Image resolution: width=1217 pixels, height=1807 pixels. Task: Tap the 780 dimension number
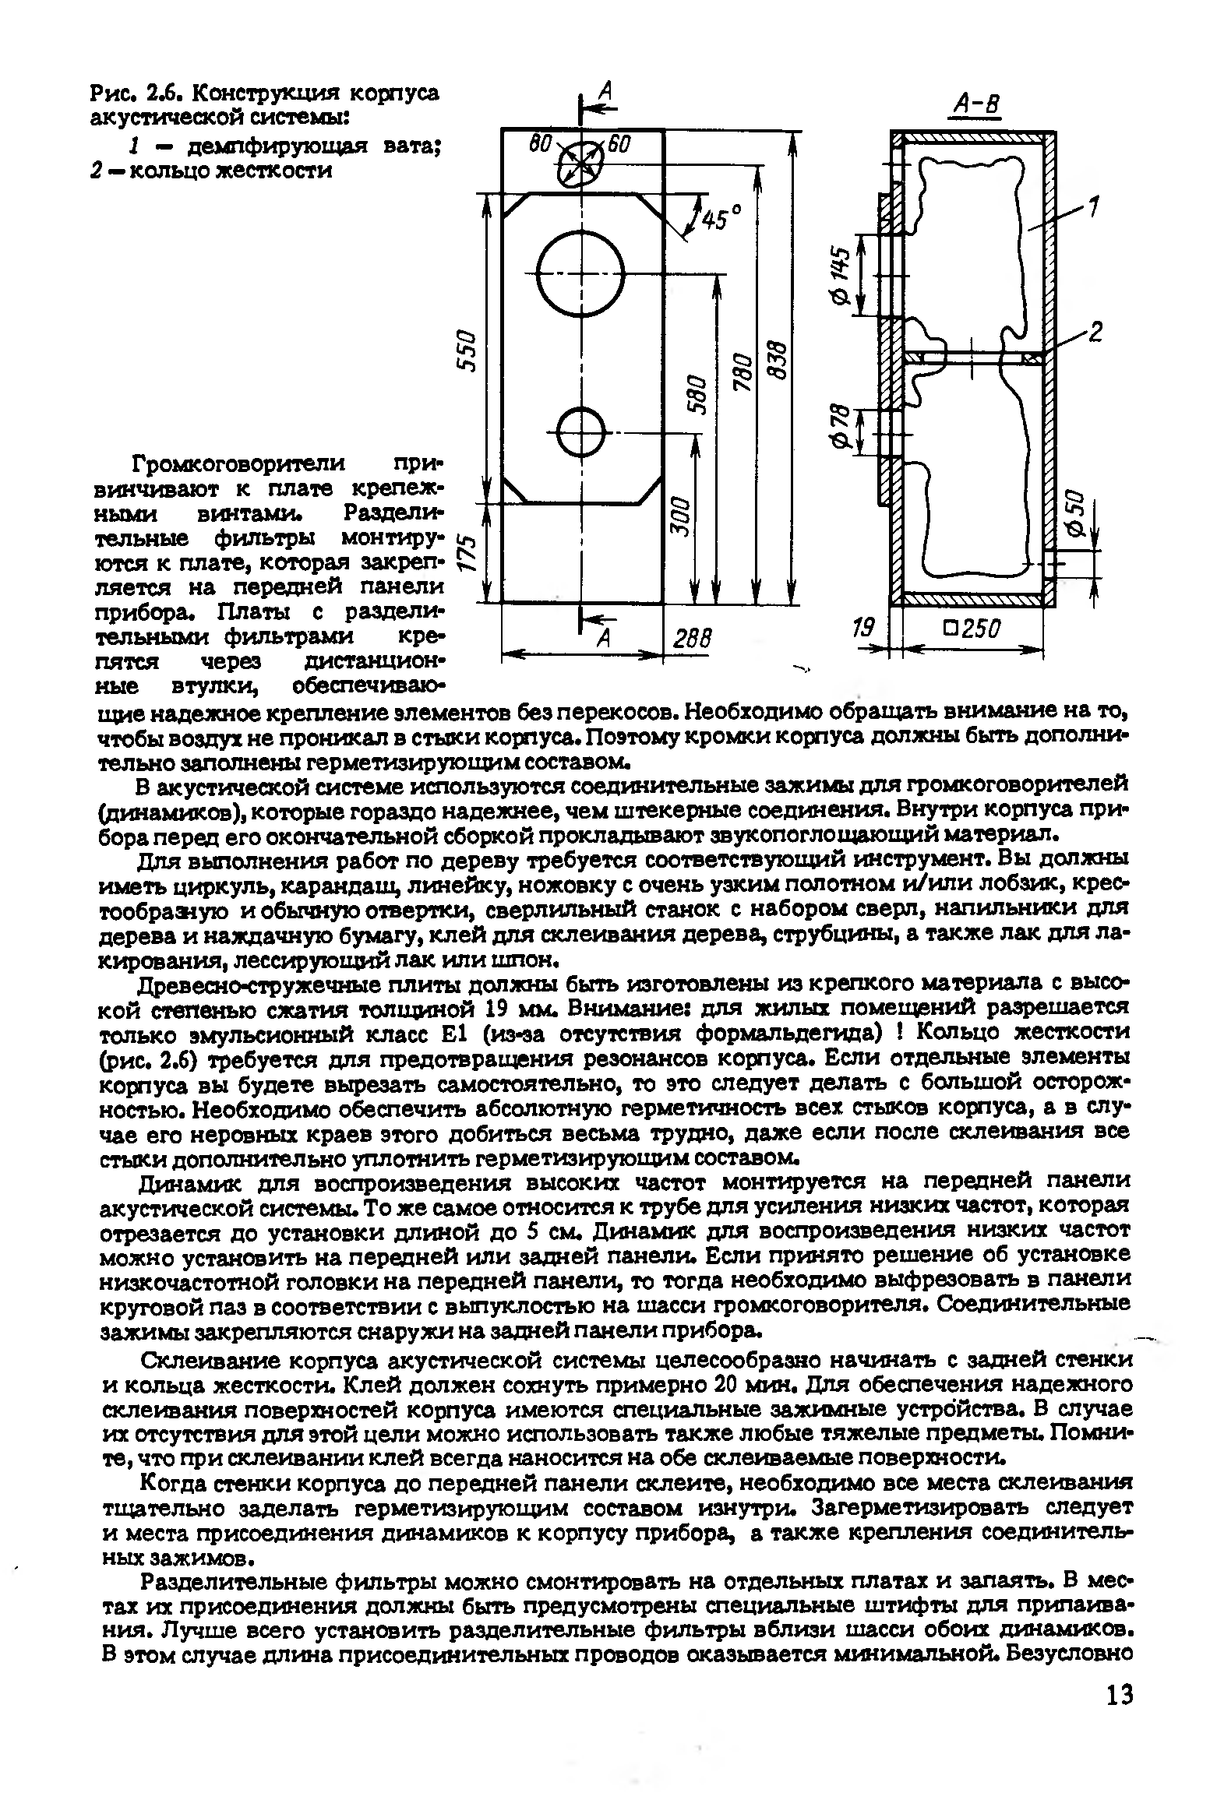pyautogui.click(x=746, y=373)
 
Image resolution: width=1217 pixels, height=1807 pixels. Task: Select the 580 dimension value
pyautogui.click(x=701, y=396)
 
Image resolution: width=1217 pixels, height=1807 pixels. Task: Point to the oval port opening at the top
pyautogui.click(x=580, y=164)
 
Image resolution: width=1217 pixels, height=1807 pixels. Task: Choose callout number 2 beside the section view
pyautogui.click(x=1095, y=333)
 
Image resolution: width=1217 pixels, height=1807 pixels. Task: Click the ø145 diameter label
pyautogui.click(x=839, y=277)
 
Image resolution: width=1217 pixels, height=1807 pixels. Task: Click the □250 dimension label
pyautogui.click(x=972, y=629)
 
